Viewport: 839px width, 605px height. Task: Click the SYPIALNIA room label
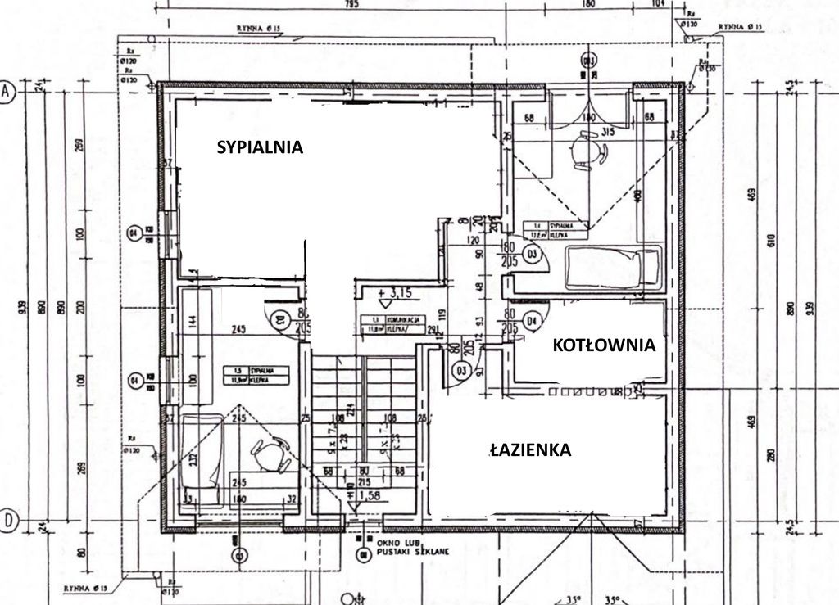point(260,147)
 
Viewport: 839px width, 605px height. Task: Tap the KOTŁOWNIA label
point(604,345)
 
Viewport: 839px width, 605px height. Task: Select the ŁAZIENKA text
point(530,449)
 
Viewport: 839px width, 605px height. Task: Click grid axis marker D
point(8,519)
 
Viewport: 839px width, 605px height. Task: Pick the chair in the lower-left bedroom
point(271,454)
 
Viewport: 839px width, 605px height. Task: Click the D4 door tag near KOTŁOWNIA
point(533,319)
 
